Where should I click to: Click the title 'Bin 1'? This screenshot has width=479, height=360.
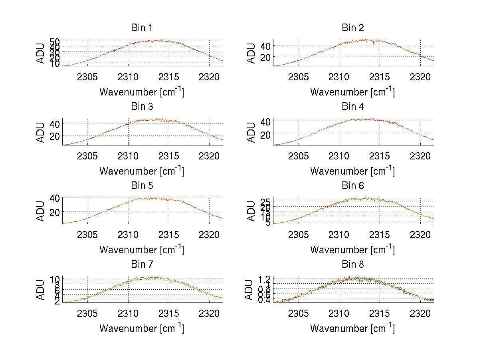[x=142, y=28]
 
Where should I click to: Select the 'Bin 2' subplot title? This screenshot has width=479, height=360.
[x=353, y=28]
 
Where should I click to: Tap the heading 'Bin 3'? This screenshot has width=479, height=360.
[x=142, y=107]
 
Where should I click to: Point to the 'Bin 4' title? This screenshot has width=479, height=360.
[x=353, y=107]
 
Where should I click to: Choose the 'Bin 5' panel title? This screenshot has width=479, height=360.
[x=142, y=186]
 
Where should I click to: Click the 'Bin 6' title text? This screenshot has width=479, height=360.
[x=353, y=186]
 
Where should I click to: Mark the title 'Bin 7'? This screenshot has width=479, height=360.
[x=142, y=265]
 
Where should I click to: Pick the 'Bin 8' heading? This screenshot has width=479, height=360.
[x=353, y=265]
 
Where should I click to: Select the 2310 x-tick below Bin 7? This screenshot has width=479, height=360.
[x=128, y=313]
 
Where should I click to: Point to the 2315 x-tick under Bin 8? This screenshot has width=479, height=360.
[x=380, y=313]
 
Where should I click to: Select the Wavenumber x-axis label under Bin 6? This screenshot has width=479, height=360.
[x=352, y=250]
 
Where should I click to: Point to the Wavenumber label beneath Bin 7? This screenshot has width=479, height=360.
[x=142, y=328]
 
